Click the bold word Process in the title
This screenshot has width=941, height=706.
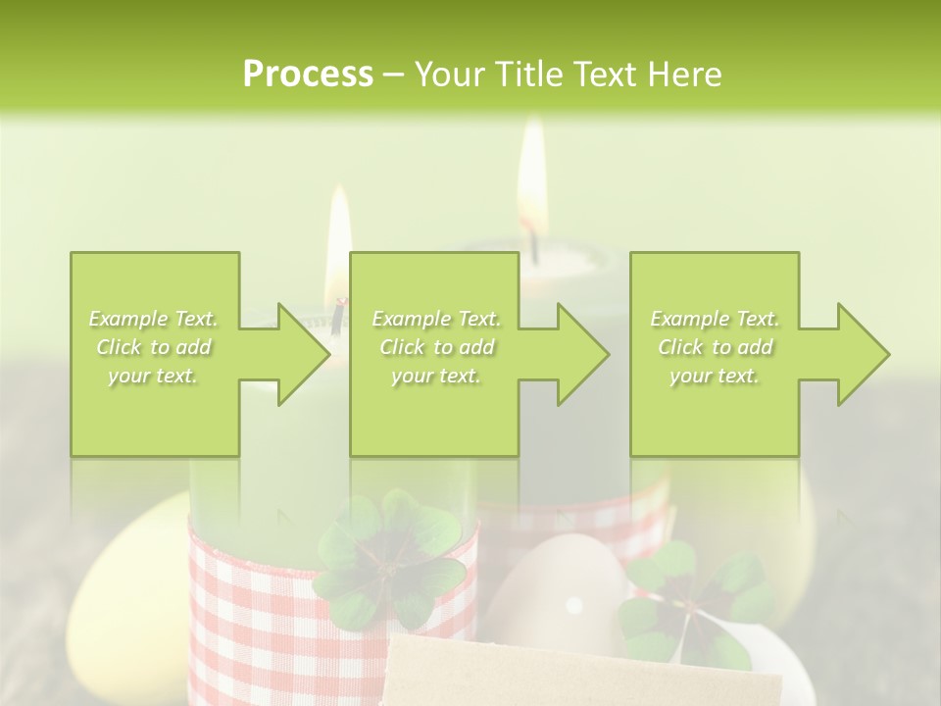coord(308,75)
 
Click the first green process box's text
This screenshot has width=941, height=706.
coord(153,347)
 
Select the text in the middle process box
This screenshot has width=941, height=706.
coord(436,347)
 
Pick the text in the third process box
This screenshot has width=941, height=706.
coord(715,347)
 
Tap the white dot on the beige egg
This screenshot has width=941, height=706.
coord(574,604)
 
